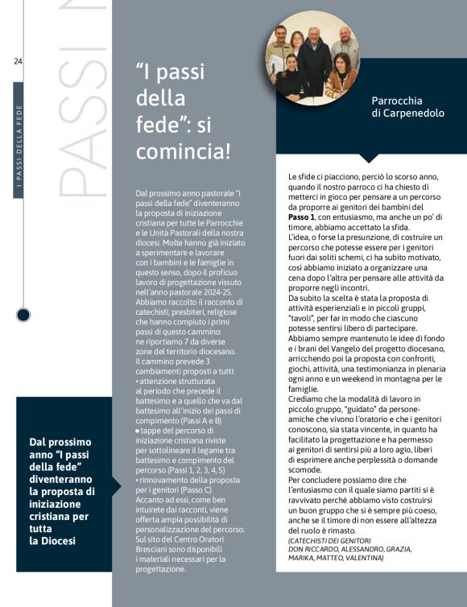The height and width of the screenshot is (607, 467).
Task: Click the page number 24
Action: [x=19, y=61]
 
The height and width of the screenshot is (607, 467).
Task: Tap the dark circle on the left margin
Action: [x=23, y=314]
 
